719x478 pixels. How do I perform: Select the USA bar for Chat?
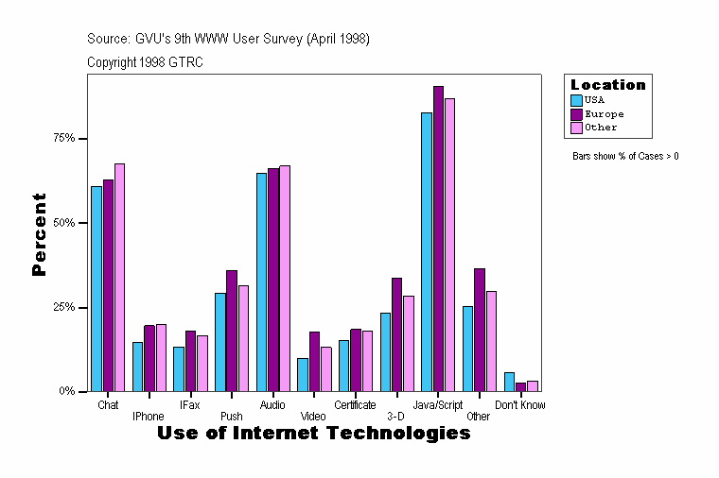[96, 288]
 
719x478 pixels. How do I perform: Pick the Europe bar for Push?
[232, 331]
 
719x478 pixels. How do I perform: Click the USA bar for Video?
[303, 374]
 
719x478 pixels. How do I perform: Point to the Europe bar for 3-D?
[397, 334]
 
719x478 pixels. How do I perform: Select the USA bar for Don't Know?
[509, 382]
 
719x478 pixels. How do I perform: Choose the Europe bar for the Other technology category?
[480, 330]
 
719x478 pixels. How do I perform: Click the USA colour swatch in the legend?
[576, 99]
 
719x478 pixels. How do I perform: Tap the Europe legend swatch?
[576, 113]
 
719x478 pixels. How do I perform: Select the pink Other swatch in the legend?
[576, 127]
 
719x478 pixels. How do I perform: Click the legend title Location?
[607, 85]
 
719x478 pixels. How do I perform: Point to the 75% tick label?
[64, 138]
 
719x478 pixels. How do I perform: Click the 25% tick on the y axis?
[64, 307]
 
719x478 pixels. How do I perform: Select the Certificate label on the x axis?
[355, 404]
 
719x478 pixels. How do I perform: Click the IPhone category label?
[149, 416]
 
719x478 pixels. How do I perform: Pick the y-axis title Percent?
[39, 233]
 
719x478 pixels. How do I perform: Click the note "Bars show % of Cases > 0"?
[625, 156]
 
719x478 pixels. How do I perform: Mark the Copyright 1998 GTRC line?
[145, 62]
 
